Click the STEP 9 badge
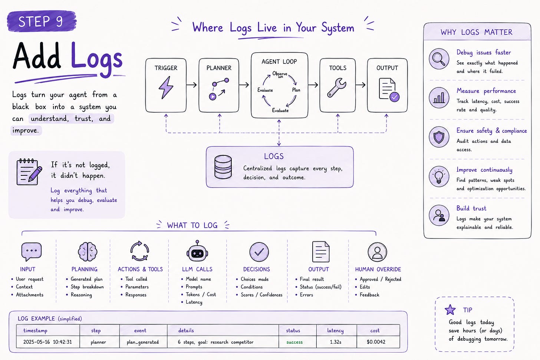[42, 21]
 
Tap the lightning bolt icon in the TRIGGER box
[166, 88]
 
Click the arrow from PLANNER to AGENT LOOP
[244, 85]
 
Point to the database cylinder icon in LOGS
[223, 167]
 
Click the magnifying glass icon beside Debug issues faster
[439, 59]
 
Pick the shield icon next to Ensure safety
[439, 137]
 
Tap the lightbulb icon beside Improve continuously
[439, 176]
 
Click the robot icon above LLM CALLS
[197, 251]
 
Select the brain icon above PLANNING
[88, 252]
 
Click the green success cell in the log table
[294, 342]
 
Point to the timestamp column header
[35, 330]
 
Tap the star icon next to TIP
[450, 310]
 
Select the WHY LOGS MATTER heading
[477, 32]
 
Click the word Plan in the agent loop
[296, 90]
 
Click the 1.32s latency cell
[336, 342]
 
